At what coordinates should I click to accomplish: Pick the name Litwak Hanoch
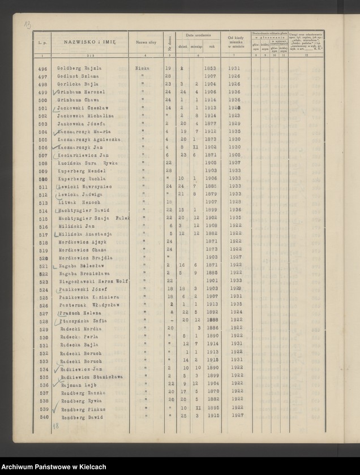76,201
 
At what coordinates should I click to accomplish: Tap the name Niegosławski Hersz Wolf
92,281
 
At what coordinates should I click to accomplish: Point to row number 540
42,417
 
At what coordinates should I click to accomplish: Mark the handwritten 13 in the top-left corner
27,24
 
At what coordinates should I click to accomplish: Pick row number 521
42,265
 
